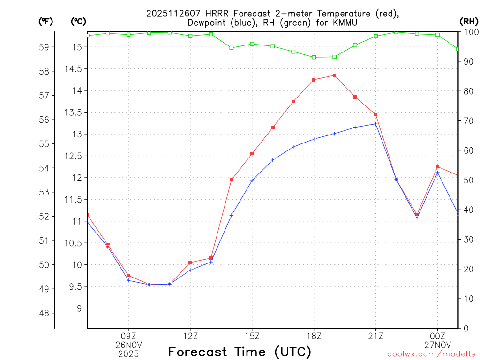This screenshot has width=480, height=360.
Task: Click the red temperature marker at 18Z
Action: click(314, 80)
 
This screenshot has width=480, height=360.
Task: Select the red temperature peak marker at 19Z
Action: click(335, 75)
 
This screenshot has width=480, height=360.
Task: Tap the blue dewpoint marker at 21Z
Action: click(376, 124)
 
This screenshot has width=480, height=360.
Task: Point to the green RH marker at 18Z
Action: click(314, 57)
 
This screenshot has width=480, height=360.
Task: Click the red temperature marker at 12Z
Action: click(190, 262)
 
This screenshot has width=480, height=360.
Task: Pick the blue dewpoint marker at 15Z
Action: click(252, 180)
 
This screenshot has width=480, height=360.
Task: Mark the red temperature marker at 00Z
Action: click(438, 167)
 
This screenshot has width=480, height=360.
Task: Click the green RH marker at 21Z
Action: click(376, 36)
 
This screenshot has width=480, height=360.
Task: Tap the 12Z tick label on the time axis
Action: click(190, 336)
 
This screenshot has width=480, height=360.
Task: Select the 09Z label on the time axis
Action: click(128, 336)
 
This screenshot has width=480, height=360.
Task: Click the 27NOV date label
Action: click(438, 345)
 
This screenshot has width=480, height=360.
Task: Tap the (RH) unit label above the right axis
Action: click(468, 21)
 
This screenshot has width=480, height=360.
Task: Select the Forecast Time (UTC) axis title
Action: click(240, 352)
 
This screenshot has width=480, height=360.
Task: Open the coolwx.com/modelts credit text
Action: click(431, 354)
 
